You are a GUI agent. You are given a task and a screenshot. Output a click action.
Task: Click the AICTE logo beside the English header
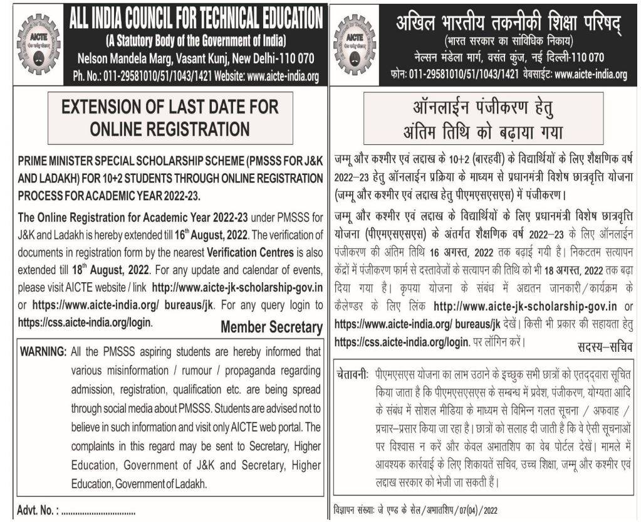point(37,43)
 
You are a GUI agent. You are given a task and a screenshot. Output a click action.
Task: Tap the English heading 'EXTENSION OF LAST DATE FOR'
point(169,107)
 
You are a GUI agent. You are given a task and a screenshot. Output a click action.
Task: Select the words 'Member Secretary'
point(271,327)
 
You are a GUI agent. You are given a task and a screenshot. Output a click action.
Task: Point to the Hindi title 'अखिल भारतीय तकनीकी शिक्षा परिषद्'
point(507,23)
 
